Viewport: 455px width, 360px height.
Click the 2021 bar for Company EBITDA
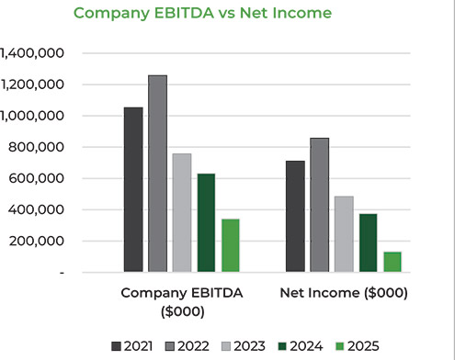133,189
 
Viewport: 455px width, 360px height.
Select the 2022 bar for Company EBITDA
157,174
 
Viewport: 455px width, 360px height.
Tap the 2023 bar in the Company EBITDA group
182,212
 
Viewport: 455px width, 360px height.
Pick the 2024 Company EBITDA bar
206,222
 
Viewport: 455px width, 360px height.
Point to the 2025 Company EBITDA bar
230,245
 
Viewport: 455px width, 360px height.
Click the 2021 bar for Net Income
295,216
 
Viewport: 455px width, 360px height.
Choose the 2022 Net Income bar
319,205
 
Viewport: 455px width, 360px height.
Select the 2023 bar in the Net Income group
344,233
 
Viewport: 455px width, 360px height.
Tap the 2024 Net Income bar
368,242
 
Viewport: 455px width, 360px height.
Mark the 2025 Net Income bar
392,262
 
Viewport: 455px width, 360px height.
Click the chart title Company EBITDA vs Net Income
202,14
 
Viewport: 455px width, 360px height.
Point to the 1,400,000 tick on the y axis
31,53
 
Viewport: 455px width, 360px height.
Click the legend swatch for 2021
117,346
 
